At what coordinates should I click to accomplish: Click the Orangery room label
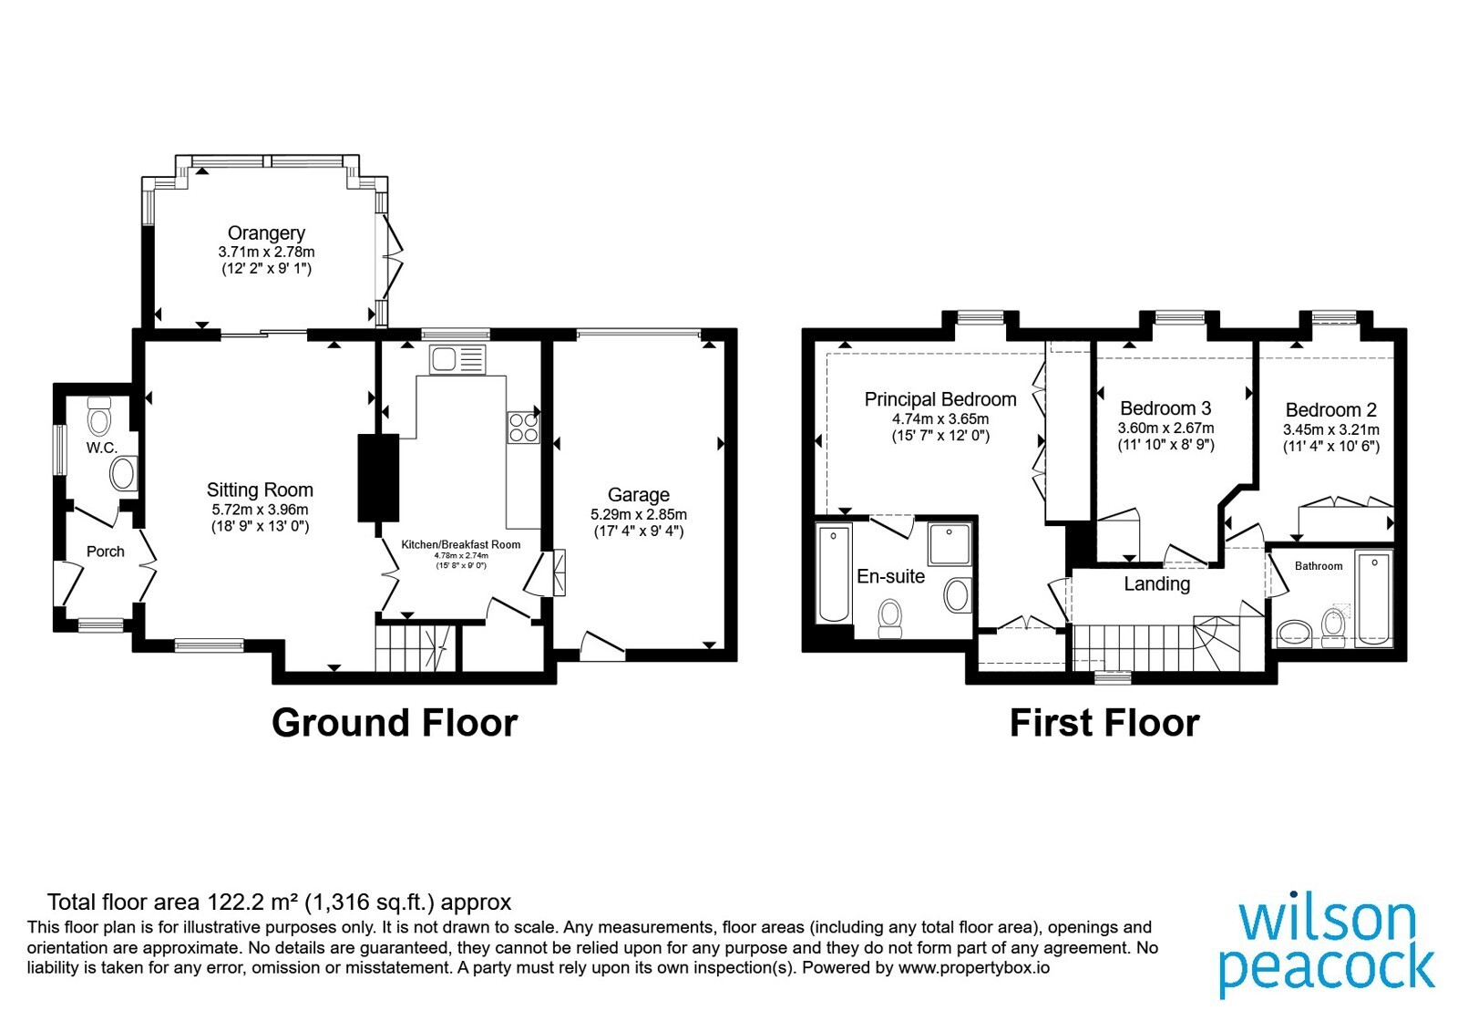click(x=266, y=233)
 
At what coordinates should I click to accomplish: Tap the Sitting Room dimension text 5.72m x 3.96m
click(x=260, y=510)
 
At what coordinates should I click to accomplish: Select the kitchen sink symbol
click(x=457, y=359)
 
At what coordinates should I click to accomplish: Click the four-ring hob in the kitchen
click(x=523, y=428)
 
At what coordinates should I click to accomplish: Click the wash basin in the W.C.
click(x=124, y=473)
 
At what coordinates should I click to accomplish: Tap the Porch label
click(x=106, y=552)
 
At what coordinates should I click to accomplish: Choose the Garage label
click(x=639, y=495)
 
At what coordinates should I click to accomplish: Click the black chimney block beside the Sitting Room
click(x=378, y=478)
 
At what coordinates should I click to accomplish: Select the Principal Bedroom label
click(x=939, y=399)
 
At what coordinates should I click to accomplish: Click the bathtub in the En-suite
click(x=834, y=573)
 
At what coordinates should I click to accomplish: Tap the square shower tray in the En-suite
click(x=950, y=543)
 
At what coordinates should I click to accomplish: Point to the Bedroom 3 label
click(x=1165, y=408)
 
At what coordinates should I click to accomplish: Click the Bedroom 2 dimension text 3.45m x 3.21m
click(x=1331, y=429)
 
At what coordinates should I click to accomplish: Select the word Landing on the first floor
click(x=1156, y=583)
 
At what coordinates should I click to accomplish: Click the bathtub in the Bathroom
click(x=1373, y=598)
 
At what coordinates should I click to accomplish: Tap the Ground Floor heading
click(x=395, y=723)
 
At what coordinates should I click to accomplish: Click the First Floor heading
click(x=1104, y=723)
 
